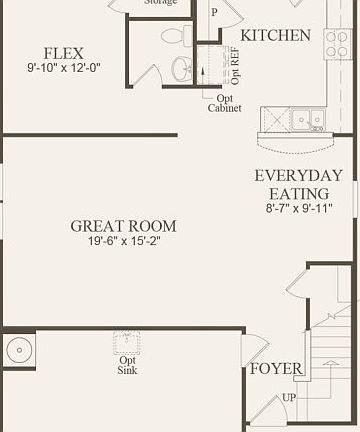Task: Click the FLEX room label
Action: tap(63, 53)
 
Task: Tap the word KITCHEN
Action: tap(275, 35)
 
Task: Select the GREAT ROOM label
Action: tap(123, 226)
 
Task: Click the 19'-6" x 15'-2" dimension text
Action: tap(123, 243)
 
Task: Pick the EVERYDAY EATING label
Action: tap(298, 184)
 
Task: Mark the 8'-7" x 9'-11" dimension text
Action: tap(298, 209)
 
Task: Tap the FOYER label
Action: tap(276, 369)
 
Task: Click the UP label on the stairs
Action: tap(289, 397)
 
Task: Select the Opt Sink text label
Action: tap(128, 365)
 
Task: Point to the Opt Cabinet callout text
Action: tap(223, 103)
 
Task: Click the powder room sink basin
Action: tap(183, 68)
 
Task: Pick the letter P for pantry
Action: tap(214, 12)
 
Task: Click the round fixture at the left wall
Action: tap(18, 351)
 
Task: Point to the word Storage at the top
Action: tap(161, 3)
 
